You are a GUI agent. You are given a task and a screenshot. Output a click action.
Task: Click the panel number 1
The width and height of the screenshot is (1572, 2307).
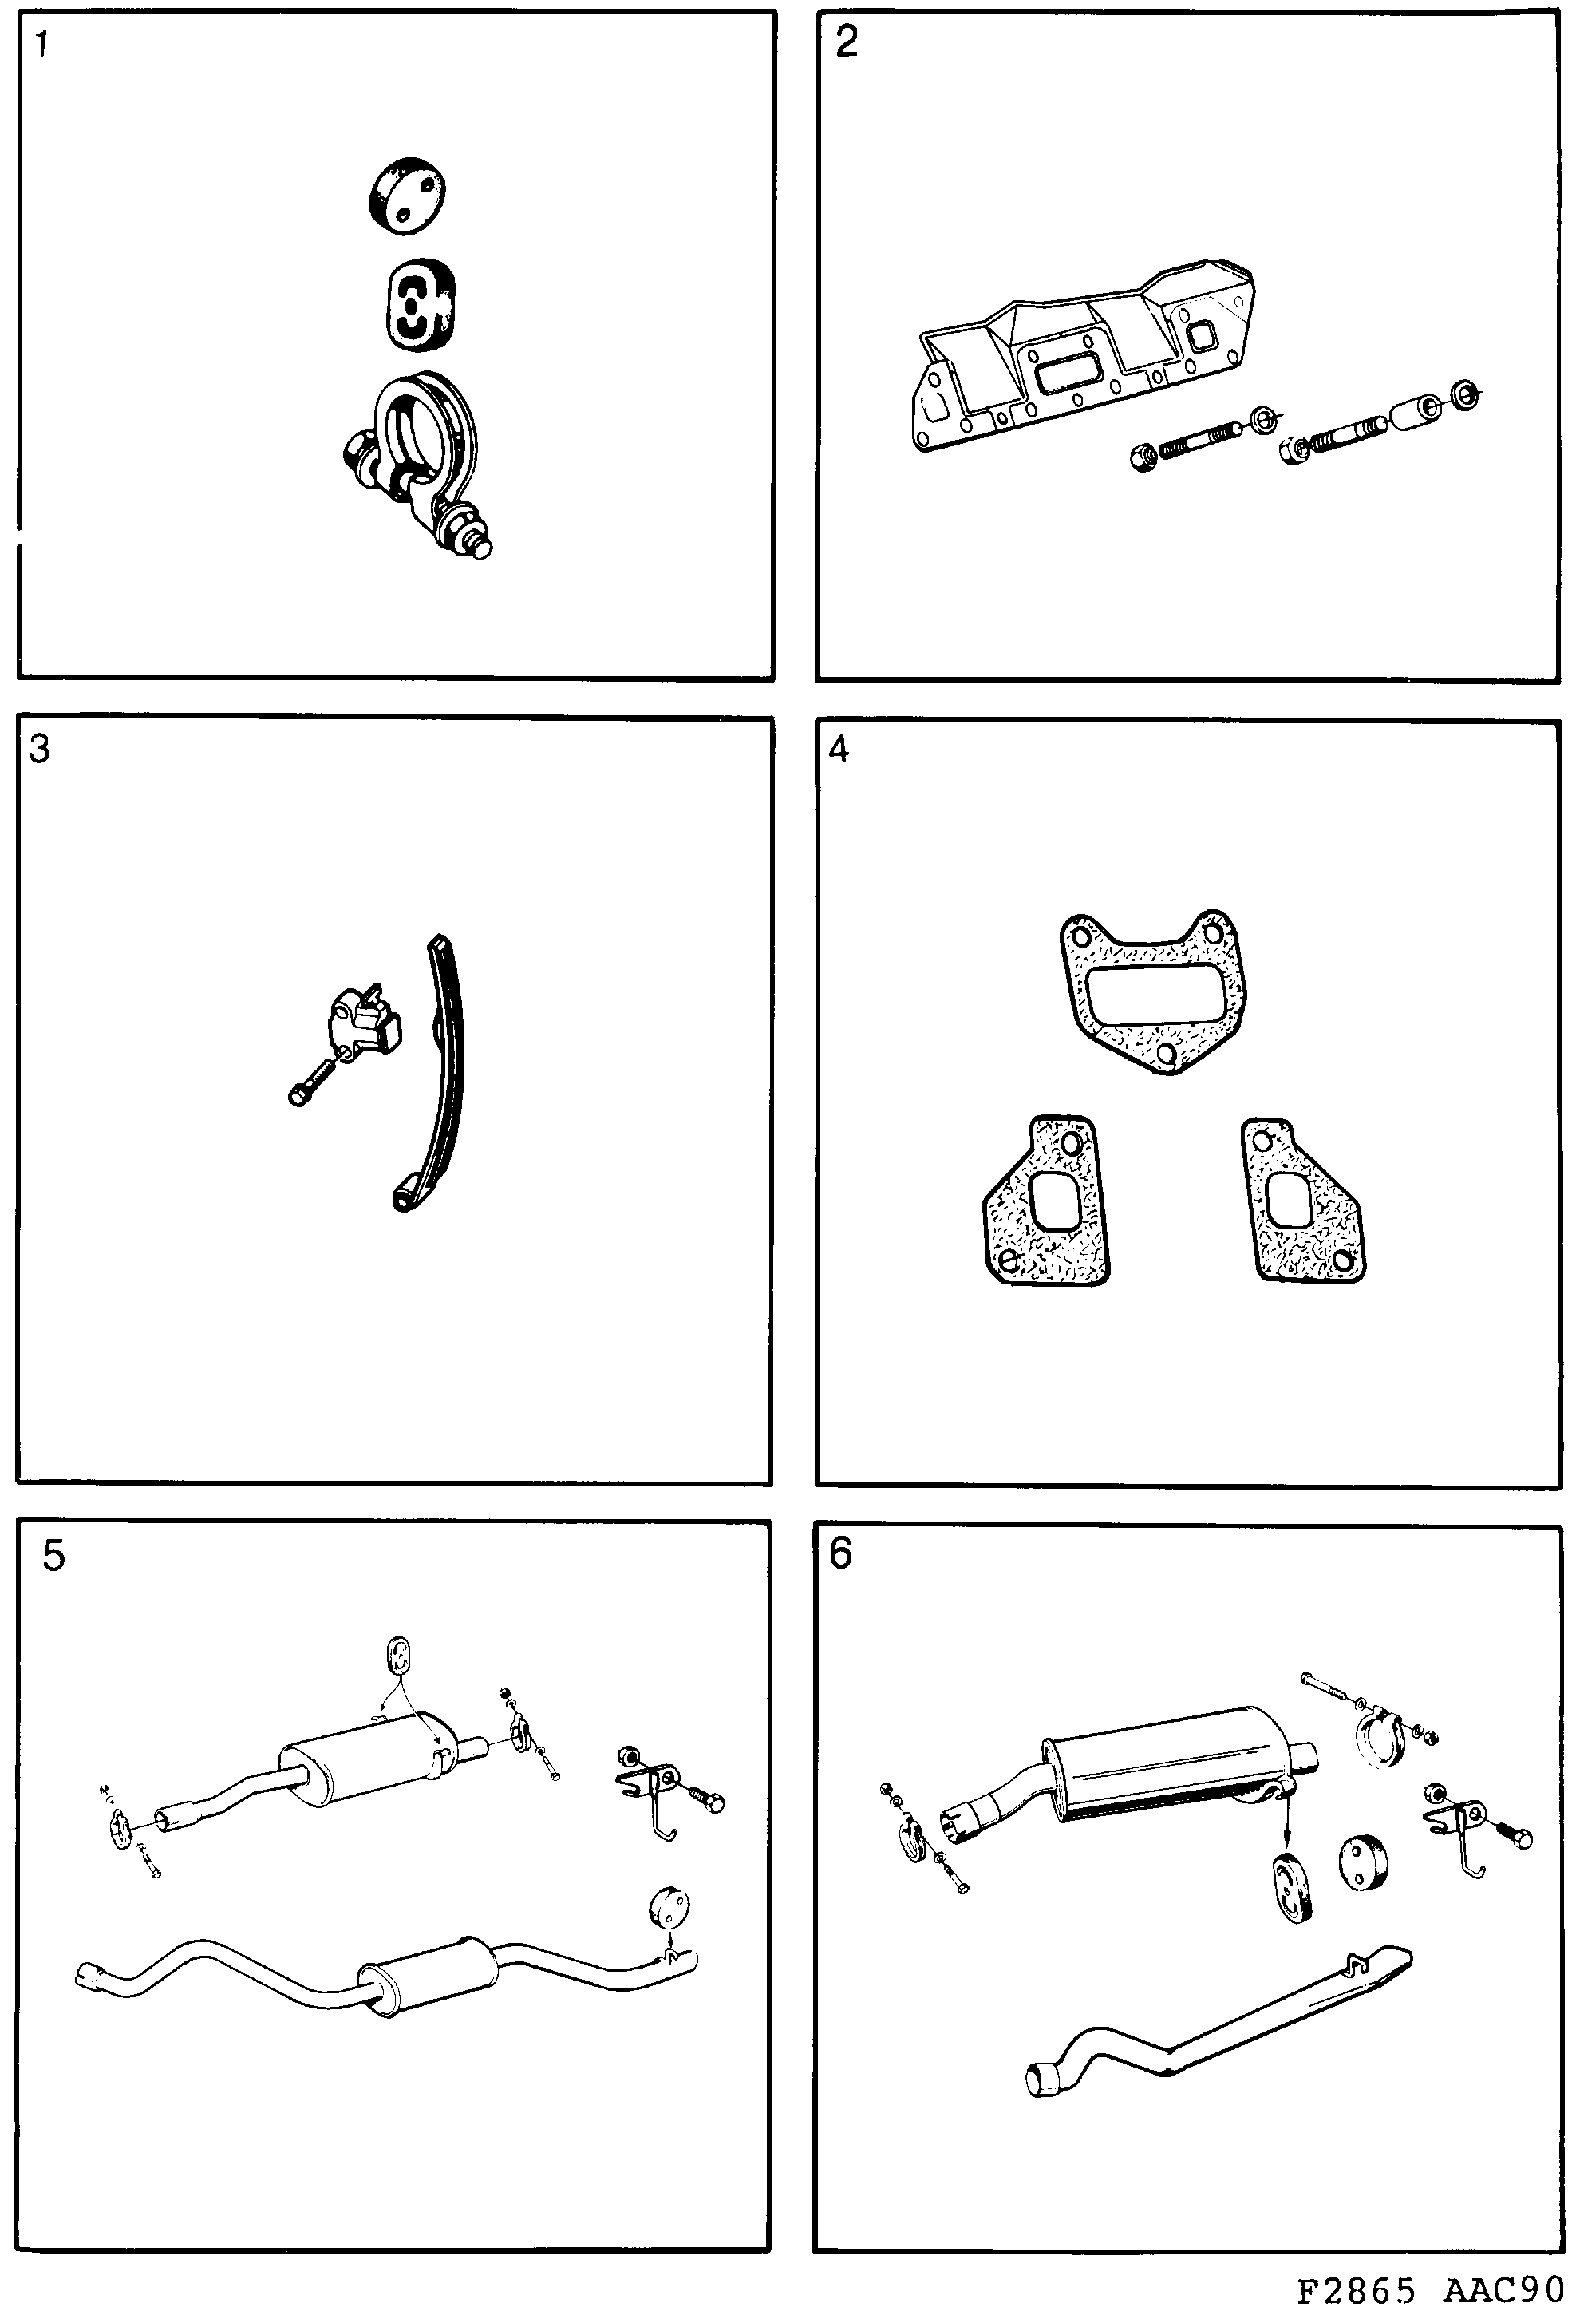tap(42, 45)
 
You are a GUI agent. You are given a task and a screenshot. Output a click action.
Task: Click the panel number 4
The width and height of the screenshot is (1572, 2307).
tap(839, 750)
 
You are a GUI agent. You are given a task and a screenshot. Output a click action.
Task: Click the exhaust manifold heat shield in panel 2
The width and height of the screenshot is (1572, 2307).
tap(1082, 352)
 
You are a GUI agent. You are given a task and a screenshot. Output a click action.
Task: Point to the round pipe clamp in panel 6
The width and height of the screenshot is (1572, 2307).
tap(1377, 1745)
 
